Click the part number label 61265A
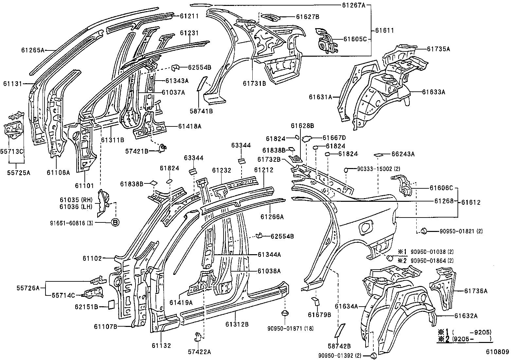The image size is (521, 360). tap(33, 50)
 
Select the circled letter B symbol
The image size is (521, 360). tap(115, 222)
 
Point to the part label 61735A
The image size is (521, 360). tap(439, 49)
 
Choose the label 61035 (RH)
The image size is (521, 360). tap(76, 200)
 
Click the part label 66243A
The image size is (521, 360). tap(403, 154)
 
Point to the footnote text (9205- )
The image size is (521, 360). tap(471, 339)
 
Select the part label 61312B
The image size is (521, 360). tap(237, 324)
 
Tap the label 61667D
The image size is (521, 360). tap(334, 138)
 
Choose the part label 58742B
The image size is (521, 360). tap(339, 346)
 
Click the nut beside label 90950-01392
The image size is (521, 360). tap(373, 356)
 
